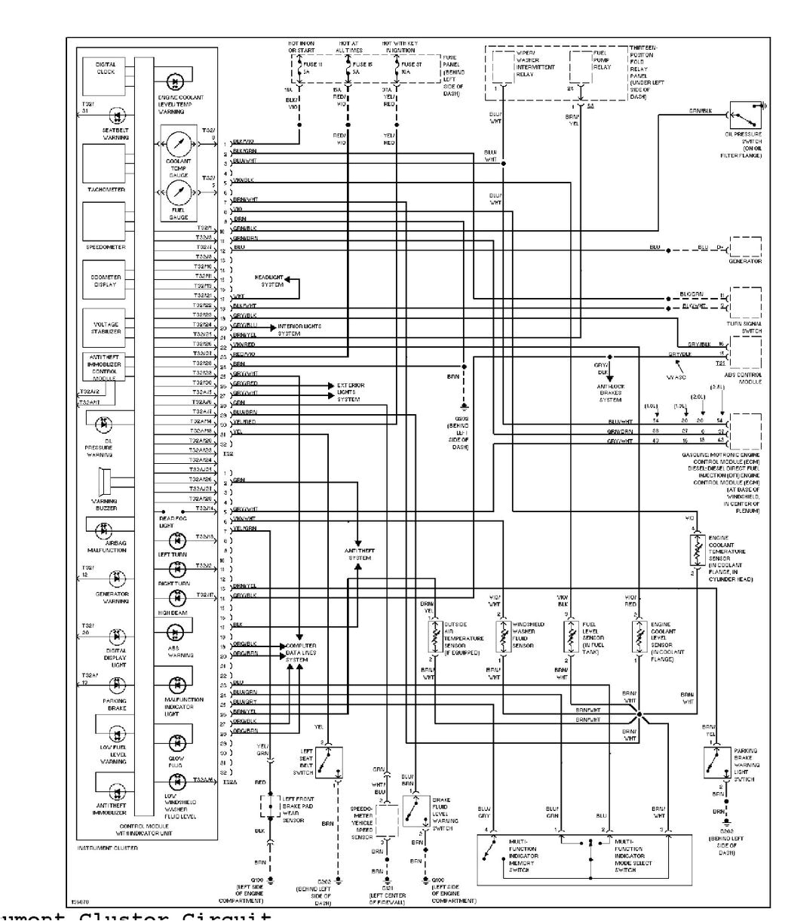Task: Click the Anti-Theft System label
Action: (360, 553)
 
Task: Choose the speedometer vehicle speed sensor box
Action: (387, 818)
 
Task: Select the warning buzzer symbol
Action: (103, 483)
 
